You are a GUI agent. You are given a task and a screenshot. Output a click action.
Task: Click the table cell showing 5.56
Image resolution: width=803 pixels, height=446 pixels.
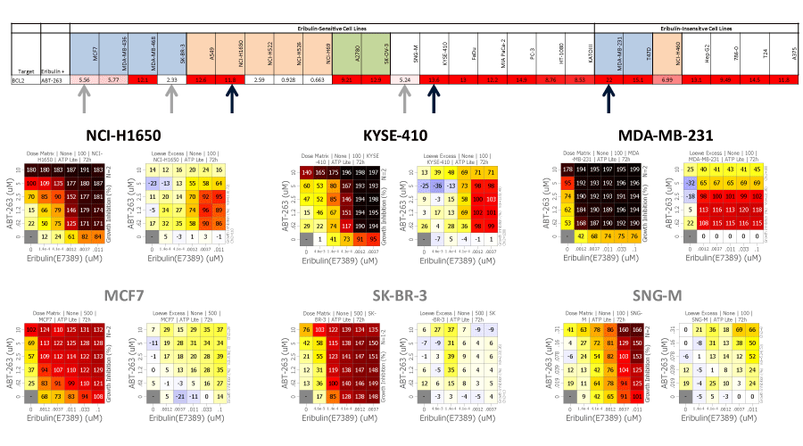click(x=85, y=80)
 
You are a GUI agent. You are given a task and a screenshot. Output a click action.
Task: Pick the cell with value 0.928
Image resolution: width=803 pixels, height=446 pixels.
click(x=287, y=80)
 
